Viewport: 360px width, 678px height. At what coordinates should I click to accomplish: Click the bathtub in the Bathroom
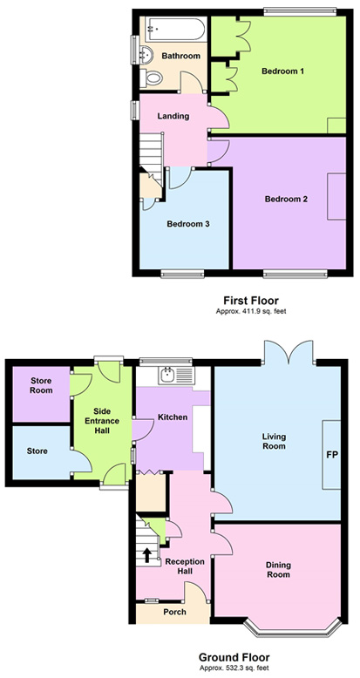(175, 30)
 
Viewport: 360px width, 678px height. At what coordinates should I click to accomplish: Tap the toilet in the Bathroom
(151, 78)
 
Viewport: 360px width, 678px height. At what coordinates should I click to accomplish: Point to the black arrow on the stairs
(147, 555)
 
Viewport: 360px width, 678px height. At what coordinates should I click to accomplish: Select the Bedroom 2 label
(286, 200)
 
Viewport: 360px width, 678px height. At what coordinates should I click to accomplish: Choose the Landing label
(173, 116)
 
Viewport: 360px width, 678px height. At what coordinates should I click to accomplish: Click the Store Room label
(41, 385)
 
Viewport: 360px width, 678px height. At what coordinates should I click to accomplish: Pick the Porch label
(175, 612)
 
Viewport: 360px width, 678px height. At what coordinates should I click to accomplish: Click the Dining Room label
(278, 570)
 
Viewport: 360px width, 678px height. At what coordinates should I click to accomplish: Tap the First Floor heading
(251, 300)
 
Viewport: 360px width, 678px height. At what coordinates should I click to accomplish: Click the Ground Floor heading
(234, 658)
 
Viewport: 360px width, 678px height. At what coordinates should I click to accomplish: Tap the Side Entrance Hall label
(103, 420)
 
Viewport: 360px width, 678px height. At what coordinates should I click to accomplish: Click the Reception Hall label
(185, 566)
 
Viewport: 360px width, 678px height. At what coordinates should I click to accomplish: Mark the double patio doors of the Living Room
(289, 351)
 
